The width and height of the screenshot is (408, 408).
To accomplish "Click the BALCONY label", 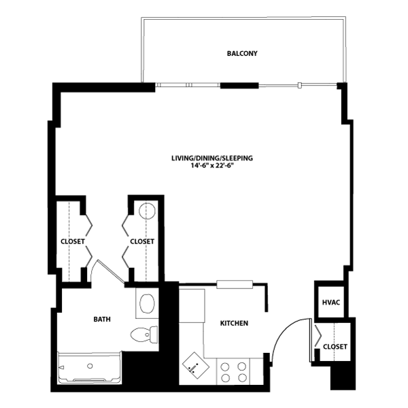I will pos(242,53).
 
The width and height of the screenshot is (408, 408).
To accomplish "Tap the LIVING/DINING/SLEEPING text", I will pos(212,158).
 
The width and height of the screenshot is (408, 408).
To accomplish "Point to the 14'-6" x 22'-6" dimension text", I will pos(212,166).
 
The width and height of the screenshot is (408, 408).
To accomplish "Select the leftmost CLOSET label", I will pos(72,241).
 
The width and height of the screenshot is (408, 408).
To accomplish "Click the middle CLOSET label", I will pos(142,241).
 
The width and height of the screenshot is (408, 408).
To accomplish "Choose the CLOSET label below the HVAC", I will pos(335,347).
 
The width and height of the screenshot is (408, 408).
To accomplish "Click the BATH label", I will pos(103,318).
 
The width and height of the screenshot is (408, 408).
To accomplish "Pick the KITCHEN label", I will pos(234,323).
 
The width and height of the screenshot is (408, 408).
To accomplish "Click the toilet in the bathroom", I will pos(145,334).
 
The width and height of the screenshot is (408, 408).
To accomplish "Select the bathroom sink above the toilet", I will pos(146,303).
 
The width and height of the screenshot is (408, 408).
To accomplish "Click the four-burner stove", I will pos(235,371).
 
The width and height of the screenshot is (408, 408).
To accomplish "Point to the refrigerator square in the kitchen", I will pos(192,305).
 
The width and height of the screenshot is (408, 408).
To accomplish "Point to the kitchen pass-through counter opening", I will pos(235,284).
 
